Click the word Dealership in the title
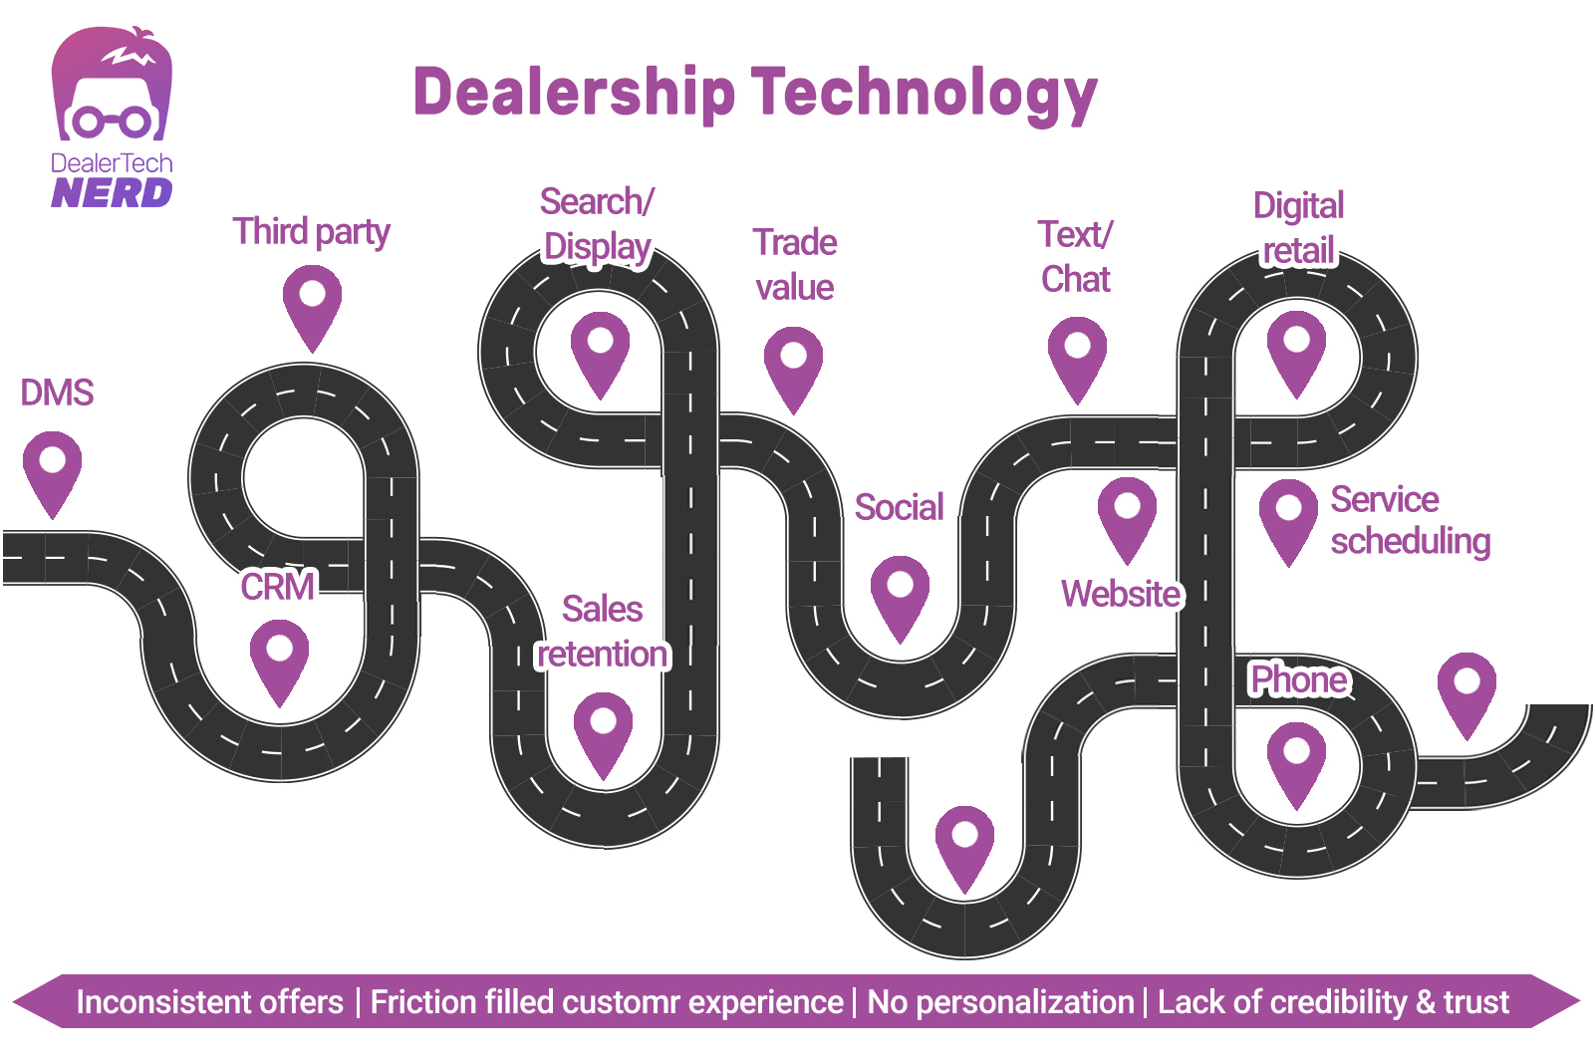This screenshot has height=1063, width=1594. click(574, 93)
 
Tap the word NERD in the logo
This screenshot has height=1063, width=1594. click(112, 192)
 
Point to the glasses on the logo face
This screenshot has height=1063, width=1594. click(112, 122)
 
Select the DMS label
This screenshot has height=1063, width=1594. click(57, 393)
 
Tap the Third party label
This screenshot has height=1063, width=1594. click(311, 231)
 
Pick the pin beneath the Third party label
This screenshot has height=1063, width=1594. click(312, 304)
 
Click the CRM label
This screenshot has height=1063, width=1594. click(277, 586)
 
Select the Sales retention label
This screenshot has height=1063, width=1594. click(603, 632)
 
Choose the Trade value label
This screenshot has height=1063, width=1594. click(794, 264)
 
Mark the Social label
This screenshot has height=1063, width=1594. click(899, 507)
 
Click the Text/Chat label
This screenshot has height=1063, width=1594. click(1075, 257)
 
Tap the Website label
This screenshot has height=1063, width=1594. click(1121, 594)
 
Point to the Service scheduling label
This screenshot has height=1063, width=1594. click(1409, 519)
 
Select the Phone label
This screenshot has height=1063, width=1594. click(1298, 679)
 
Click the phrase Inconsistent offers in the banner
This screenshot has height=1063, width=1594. click(209, 1001)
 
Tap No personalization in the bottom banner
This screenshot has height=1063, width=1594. click(1000, 1001)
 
